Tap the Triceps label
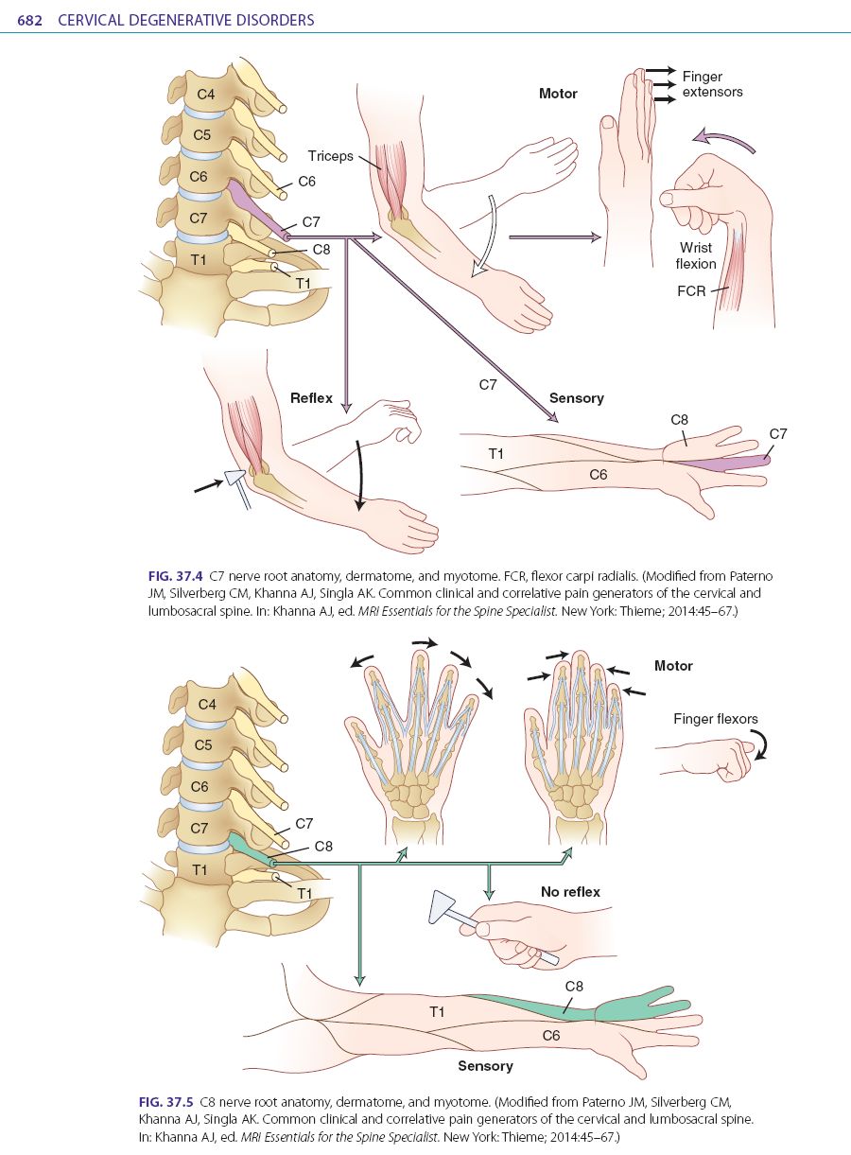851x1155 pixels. pyautogui.click(x=328, y=155)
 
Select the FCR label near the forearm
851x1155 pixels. pyautogui.click(x=691, y=291)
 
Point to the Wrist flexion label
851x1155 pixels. pyautogui.click(x=696, y=256)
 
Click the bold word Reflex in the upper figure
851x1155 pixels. pyautogui.click(x=311, y=398)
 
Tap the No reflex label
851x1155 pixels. pyautogui.click(x=570, y=892)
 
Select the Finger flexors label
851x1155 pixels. pyautogui.click(x=716, y=719)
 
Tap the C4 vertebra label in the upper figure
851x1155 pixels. pyautogui.click(x=206, y=94)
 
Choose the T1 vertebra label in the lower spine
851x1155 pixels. pyautogui.click(x=200, y=869)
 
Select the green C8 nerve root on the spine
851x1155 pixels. pyautogui.click(x=251, y=849)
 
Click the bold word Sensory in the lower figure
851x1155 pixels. pyautogui.click(x=485, y=1066)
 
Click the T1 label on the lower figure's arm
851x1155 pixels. pyautogui.click(x=437, y=1011)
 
